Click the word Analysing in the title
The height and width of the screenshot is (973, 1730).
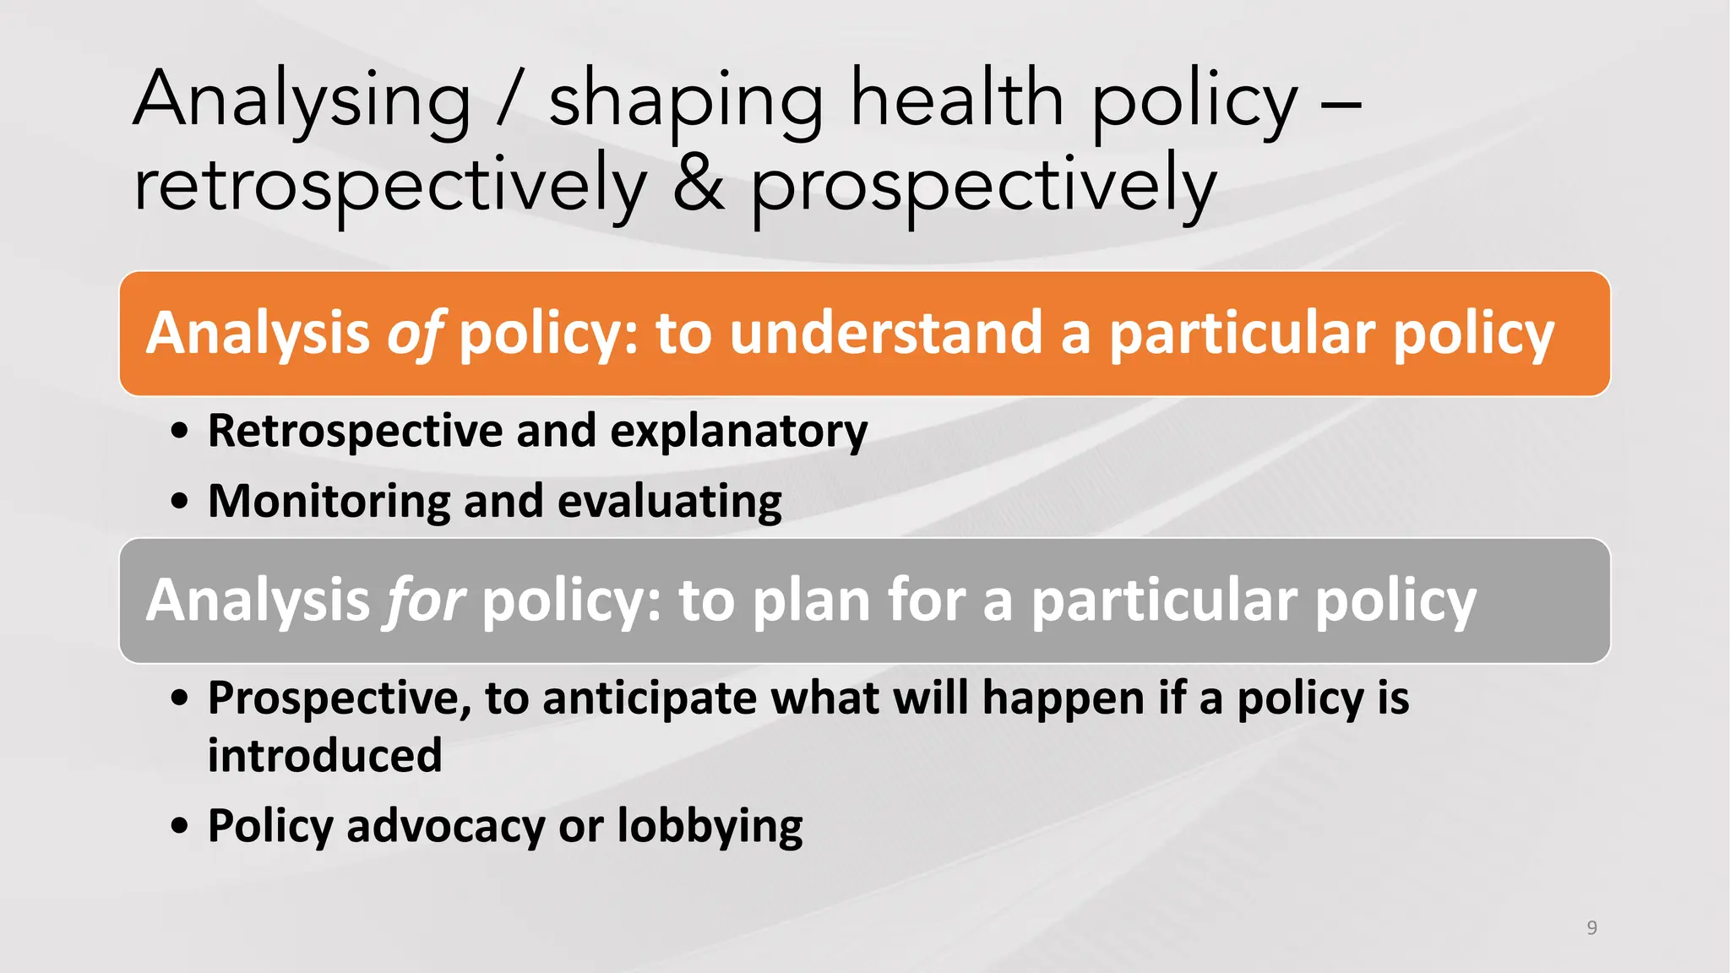(302, 101)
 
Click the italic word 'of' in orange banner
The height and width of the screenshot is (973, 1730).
(414, 334)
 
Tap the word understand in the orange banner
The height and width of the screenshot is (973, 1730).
(886, 333)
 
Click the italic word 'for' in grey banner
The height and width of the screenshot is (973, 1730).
(425, 601)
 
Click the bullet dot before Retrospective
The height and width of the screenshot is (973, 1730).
(179, 431)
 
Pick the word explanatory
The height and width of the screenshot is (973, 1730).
(738, 432)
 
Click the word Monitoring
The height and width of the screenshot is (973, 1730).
(329, 502)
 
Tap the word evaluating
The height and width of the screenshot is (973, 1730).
(669, 502)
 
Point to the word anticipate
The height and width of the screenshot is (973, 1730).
(649, 699)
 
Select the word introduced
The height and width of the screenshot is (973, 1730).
(324, 755)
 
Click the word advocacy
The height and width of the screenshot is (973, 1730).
(445, 826)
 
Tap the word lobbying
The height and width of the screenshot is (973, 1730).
(710, 826)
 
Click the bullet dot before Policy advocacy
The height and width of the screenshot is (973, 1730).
(179, 825)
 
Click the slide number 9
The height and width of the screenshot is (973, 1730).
(1591, 927)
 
